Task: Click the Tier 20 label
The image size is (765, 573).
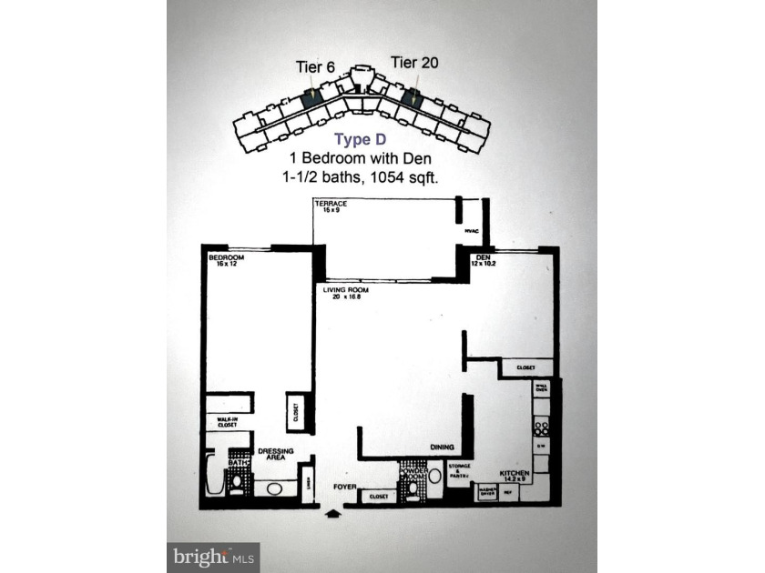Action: (x=414, y=62)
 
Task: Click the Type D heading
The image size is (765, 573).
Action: (x=362, y=139)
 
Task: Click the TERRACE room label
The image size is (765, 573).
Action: (x=331, y=204)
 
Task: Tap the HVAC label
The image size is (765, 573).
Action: (x=472, y=231)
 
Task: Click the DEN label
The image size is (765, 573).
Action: (x=484, y=258)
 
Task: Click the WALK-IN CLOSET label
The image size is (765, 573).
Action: (x=227, y=422)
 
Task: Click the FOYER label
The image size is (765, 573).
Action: (x=342, y=487)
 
